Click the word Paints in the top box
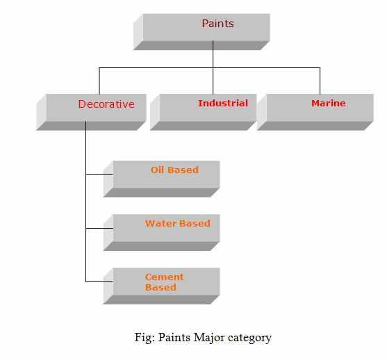217,24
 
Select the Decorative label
106,104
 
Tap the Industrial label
223,104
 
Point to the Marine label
328,104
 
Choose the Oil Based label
175,170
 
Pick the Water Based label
178,224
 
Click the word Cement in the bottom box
164,277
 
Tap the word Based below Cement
160,288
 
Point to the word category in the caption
249,338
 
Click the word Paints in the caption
174,337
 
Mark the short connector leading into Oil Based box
99,174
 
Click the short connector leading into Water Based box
99,228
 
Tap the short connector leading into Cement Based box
99,281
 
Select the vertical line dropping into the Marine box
320,81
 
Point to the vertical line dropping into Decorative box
99,81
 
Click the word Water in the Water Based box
160,224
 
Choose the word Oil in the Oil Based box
157,170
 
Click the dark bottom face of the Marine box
315,126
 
